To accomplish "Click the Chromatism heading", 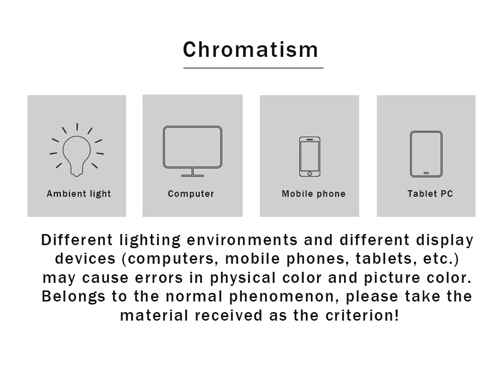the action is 250,50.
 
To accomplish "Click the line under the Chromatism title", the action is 253,68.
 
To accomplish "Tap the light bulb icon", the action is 76,149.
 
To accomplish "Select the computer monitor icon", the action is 193,151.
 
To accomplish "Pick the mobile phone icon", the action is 309,157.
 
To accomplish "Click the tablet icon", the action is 426,154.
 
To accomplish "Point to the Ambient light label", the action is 79,194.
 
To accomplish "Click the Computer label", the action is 191,194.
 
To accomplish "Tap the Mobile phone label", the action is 313,194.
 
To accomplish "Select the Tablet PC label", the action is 430,194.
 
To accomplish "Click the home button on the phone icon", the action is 309,173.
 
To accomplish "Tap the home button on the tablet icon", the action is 427,173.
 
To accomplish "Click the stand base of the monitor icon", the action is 193,176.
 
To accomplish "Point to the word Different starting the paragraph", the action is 76,240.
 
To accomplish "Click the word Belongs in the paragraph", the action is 73,296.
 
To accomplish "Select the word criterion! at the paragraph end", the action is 362,315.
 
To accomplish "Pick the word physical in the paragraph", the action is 243,278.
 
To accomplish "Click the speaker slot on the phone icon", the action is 309,139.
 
